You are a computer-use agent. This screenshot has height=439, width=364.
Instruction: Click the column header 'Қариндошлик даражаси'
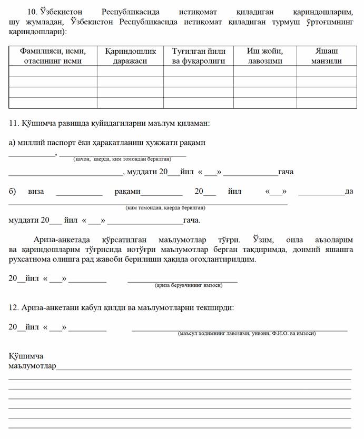pyautogui.click(x=130, y=56)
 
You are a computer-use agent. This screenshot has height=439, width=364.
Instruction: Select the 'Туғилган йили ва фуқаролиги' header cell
pyautogui.click(x=198, y=56)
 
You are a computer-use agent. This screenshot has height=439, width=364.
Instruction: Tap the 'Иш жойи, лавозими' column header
pyautogui.click(x=264, y=56)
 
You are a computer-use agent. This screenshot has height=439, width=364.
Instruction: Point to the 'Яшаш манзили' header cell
pyautogui.click(x=326, y=56)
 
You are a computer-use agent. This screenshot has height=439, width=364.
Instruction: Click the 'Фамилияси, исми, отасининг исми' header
pyautogui.click(x=53, y=56)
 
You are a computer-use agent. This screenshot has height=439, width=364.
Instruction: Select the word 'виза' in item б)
pyautogui.click(x=36, y=192)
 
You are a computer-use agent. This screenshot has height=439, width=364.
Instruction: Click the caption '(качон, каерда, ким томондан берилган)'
pyautogui.click(x=122, y=158)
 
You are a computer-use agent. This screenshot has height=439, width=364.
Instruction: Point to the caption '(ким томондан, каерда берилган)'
pyautogui.click(x=162, y=208)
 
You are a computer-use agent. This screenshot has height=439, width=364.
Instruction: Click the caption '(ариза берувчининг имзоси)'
pyautogui.click(x=188, y=285)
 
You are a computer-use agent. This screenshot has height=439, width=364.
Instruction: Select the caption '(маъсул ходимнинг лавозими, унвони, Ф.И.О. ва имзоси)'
pyautogui.click(x=247, y=333)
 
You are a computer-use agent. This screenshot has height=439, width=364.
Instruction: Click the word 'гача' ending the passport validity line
pyautogui.click(x=286, y=172)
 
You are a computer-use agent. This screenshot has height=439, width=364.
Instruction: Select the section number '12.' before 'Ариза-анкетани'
pyautogui.click(x=14, y=307)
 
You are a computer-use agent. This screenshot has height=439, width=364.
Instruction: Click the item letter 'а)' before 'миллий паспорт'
pyautogui.click(x=12, y=143)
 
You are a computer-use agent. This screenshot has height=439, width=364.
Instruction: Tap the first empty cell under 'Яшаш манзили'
pyautogui.click(x=326, y=71)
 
